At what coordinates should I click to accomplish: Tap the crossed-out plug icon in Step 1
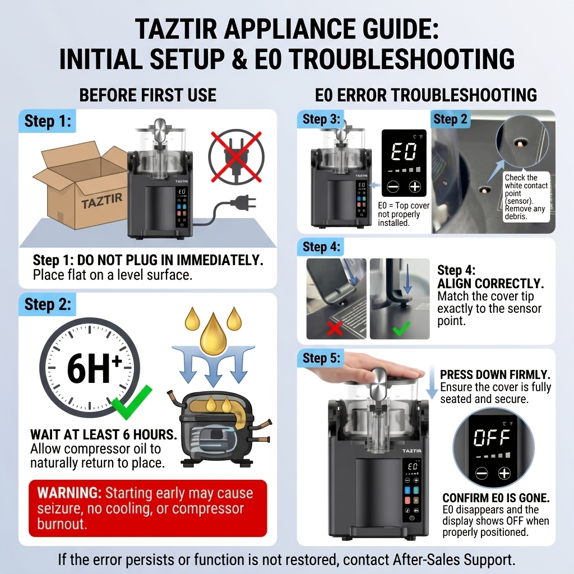tap(236, 156)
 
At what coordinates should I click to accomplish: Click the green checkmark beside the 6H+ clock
tap(131, 402)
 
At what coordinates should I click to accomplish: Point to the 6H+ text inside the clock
tap(94, 368)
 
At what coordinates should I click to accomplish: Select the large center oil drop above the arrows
tap(214, 334)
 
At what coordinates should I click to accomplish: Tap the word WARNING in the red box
tap(69, 493)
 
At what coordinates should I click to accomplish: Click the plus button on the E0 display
tap(415, 187)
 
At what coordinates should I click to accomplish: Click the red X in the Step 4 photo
tap(335, 328)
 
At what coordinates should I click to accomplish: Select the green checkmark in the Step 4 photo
tap(401, 328)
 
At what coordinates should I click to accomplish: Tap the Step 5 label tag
tap(321, 358)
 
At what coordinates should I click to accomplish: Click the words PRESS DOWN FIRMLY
tap(496, 374)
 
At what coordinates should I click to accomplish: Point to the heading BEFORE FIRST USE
tap(148, 95)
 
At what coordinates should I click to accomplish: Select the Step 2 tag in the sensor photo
tap(450, 119)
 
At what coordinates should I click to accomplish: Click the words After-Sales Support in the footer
tap(454, 559)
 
